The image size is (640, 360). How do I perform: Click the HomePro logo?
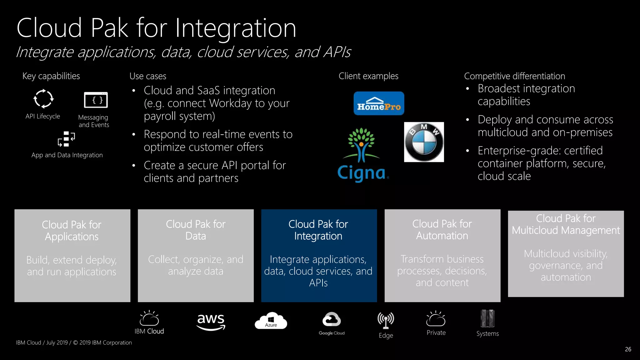click(x=379, y=103)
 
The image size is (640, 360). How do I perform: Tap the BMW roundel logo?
click(x=424, y=142)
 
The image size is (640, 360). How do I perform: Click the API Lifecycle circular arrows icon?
click(x=43, y=99)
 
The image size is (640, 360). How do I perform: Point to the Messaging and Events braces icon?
click(x=96, y=100)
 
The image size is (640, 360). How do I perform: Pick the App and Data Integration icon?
click(x=66, y=139)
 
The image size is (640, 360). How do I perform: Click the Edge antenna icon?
click(x=386, y=320)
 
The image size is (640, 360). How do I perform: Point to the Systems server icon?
click(x=487, y=318)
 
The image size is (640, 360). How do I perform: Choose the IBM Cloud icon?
click(x=149, y=318)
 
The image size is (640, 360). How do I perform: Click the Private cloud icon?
click(x=436, y=319)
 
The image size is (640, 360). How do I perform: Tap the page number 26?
click(x=628, y=349)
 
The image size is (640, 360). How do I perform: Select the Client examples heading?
click(x=368, y=76)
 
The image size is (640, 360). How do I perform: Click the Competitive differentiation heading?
click(x=514, y=76)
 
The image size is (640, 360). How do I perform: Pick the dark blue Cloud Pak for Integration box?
click(x=319, y=256)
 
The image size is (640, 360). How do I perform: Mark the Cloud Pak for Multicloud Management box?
click(x=566, y=254)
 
